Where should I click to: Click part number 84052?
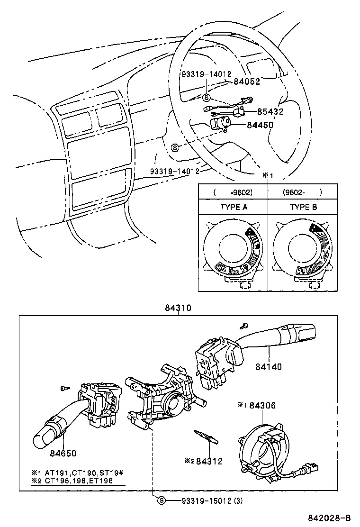click(247, 82)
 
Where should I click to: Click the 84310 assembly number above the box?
click(178, 308)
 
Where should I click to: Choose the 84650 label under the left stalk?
click(63, 453)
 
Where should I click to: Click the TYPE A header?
click(234, 207)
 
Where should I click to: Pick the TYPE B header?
click(303, 207)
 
